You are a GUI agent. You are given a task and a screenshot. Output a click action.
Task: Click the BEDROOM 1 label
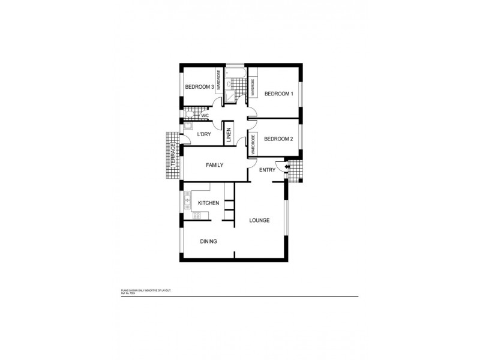click(278, 94)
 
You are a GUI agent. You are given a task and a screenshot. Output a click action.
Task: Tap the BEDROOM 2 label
click(278, 139)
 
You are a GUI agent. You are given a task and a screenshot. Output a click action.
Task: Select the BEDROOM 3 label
click(199, 87)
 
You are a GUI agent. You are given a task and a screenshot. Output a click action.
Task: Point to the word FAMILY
click(215, 165)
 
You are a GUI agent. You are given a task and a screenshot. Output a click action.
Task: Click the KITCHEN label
click(208, 204)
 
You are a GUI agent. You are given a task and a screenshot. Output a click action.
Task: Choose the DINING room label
click(208, 241)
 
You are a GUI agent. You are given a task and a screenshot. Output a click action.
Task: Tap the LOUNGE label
click(259, 220)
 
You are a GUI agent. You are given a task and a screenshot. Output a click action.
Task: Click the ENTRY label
click(267, 170)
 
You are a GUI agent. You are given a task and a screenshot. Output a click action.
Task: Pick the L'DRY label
click(204, 134)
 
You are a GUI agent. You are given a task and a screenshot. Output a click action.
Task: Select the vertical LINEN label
click(229, 135)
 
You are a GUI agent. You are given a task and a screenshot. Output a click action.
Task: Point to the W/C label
click(205, 115)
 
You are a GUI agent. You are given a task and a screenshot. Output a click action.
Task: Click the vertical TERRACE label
click(172, 155)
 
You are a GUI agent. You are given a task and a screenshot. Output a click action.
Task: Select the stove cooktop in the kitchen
click(188, 214)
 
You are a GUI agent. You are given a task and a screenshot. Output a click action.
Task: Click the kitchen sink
click(187, 199)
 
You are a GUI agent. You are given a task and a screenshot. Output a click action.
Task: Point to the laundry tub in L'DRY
click(188, 126)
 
